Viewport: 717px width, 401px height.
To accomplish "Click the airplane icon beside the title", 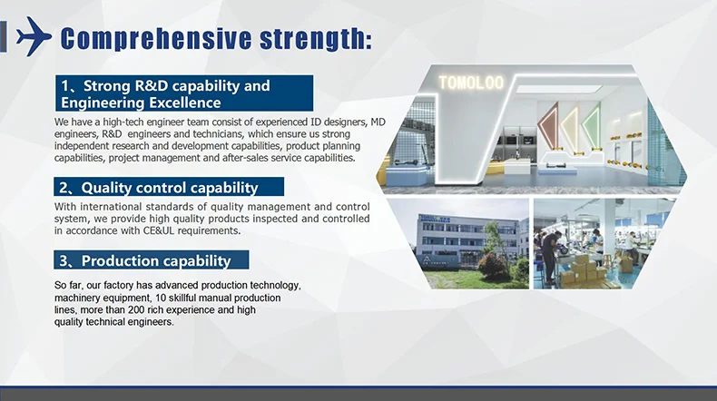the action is tap(34, 36).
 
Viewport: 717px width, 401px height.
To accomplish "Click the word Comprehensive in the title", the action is tap(156, 38).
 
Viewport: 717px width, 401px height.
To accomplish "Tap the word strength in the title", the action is tap(316, 39).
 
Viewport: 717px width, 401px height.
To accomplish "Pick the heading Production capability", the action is tap(152, 260).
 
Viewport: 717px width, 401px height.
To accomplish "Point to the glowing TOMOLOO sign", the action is tap(471, 83).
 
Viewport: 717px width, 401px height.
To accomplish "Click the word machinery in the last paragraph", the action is tap(75, 298).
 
